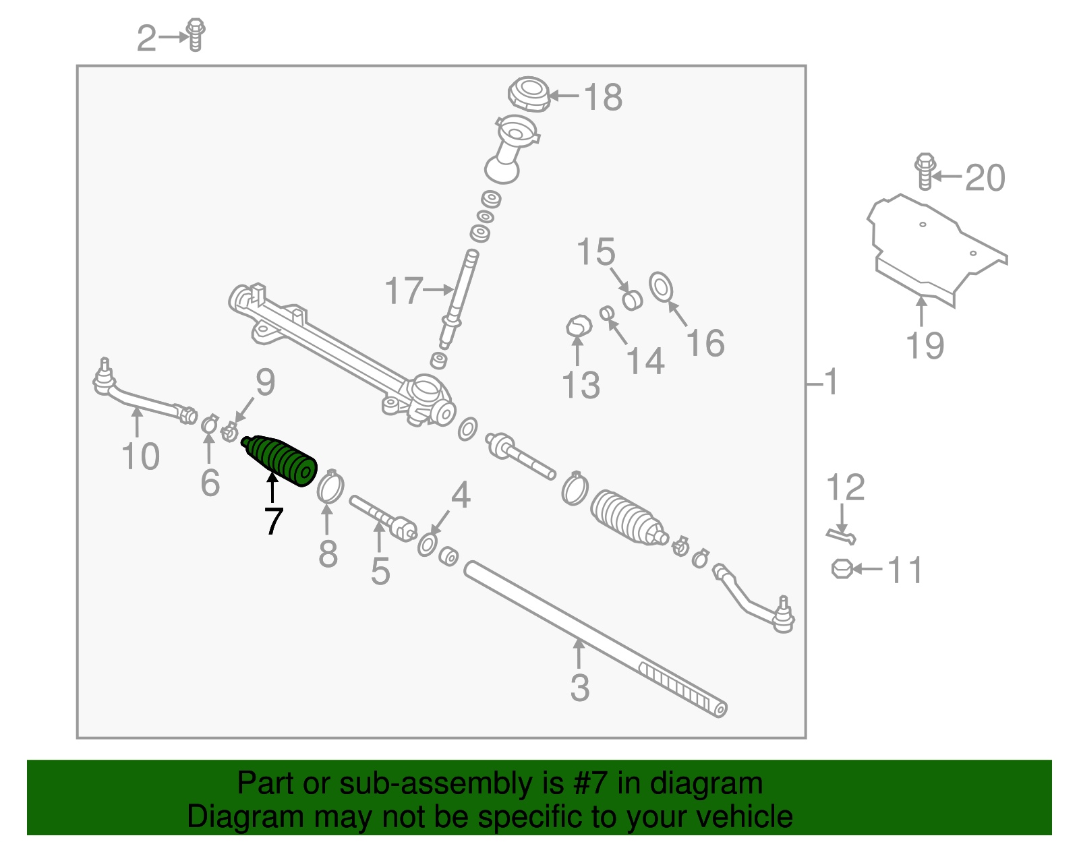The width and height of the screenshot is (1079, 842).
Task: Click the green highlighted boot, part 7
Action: pos(280,460)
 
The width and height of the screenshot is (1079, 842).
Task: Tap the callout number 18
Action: pos(602,97)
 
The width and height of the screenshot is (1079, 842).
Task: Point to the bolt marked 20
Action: pos(925,173)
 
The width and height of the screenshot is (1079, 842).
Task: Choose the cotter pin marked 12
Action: pos(841,536)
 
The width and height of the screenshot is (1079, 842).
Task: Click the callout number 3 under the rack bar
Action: pos(580,688)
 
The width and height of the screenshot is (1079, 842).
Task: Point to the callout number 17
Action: pos(403,291)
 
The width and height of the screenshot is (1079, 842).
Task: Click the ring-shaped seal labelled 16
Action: pos(661,287)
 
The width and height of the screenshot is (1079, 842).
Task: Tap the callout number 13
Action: pos(581,386)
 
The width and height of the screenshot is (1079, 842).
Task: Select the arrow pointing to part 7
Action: pos(272,487)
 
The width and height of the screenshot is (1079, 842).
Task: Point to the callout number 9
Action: pos(265,382)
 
